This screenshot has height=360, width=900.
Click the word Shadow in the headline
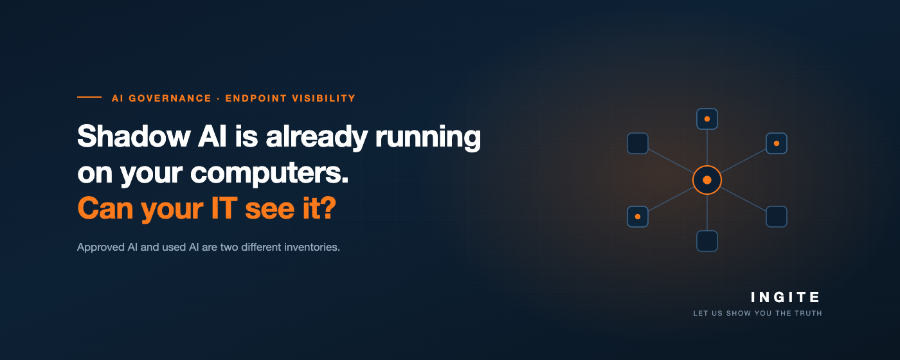134,136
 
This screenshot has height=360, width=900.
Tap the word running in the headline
428,138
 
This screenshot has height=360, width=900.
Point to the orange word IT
224,208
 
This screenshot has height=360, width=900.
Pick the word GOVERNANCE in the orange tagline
170,98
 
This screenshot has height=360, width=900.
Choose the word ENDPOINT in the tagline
256,98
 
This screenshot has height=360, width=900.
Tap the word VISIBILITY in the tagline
323,98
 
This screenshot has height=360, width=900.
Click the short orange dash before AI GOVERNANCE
89,97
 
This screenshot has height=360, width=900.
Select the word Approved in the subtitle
101,247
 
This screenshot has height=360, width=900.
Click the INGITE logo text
785,297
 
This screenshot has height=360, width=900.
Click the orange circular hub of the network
707,180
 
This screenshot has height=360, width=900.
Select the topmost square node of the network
707,119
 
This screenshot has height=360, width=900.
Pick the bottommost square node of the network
707,241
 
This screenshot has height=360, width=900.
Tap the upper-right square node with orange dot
777,143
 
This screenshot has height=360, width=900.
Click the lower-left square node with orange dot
638,217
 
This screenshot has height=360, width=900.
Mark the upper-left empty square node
638,143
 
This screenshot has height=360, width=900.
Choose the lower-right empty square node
777,217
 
